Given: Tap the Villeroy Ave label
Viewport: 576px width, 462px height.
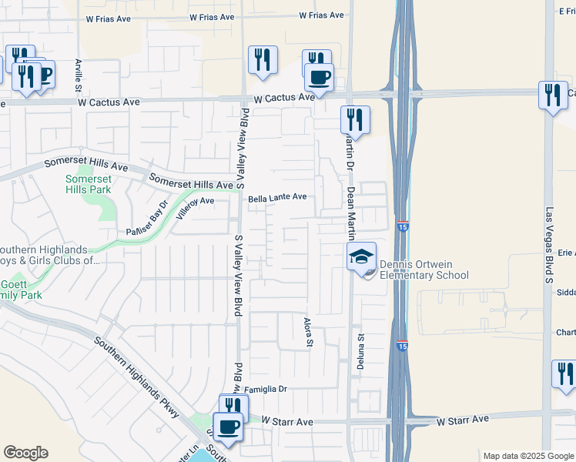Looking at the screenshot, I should (193, 201).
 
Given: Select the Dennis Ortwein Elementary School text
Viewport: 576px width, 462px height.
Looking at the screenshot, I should (424, 269).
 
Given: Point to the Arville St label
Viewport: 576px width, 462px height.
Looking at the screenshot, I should (78, 75).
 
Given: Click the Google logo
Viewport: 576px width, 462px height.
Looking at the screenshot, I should (25, 453).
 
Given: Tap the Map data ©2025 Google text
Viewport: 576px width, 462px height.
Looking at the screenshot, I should (528, 456).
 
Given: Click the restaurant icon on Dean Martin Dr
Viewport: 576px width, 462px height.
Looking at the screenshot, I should (355, 119).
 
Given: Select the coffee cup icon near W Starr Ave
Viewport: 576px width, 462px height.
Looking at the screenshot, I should (227, 426).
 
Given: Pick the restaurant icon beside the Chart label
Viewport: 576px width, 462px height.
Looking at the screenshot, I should (564, 375).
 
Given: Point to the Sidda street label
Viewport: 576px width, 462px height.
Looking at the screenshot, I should (566, 293).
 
